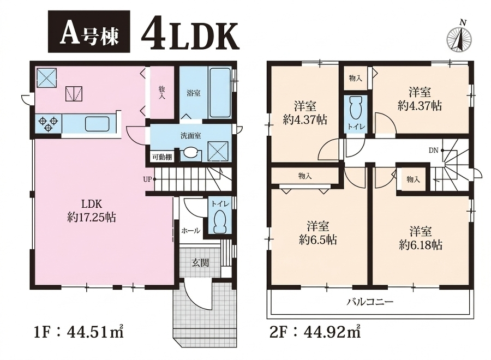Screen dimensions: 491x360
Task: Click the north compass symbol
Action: coord(459,38)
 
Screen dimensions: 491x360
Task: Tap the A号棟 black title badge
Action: coord(89,31)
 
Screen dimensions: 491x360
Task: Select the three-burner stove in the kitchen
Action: coord(49,124)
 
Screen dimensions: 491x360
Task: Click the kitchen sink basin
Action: coord(98,124)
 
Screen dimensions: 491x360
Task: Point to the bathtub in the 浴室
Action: coord(220,92)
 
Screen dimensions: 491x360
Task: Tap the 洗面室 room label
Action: coord(191,136)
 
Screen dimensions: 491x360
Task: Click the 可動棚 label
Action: coord(162,157)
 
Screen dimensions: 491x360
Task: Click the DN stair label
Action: coord(433,151)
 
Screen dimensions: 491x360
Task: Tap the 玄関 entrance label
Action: coord(200,263)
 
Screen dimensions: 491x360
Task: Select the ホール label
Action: coord(191,231)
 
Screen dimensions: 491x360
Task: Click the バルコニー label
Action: coord(370,302)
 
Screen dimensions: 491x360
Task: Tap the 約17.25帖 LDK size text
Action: coord(92,217)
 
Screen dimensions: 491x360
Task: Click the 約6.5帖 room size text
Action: coord(318,240)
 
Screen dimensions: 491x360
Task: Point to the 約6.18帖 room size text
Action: coord(421,245)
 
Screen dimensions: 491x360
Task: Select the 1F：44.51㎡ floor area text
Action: coord(78,332)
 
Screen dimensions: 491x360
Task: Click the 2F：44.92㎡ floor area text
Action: coord(315,332)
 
